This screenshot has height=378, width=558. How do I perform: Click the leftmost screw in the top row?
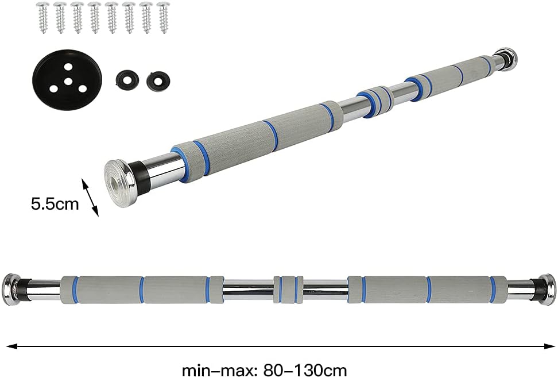44,17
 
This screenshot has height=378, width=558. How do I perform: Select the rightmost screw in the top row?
164,17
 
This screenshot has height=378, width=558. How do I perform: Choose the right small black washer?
158,80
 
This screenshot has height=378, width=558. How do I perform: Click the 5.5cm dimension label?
55,205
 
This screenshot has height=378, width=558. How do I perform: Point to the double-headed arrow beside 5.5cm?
90,198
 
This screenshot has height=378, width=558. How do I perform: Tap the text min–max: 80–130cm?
265,370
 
